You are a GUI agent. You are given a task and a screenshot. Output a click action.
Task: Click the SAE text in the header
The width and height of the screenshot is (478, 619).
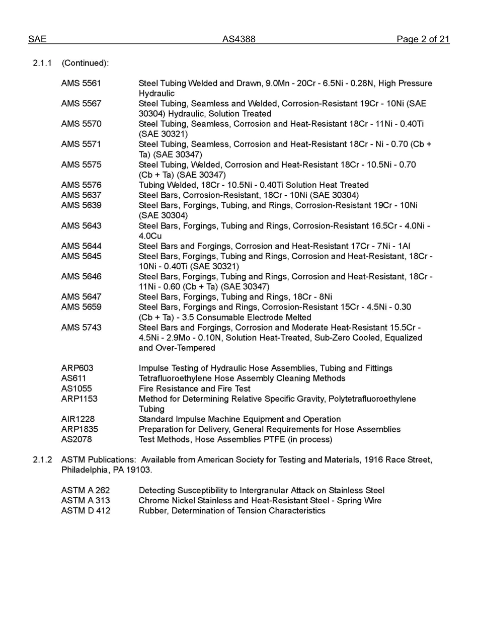(x=37, y=39)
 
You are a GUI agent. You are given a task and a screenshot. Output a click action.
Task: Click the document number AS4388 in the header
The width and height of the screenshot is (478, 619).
(x=238, y=39)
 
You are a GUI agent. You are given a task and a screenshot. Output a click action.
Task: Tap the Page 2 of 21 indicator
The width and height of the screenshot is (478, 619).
(x=423, y=39)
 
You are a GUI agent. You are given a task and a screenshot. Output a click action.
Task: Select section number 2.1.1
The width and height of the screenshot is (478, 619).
(x=42, y=63)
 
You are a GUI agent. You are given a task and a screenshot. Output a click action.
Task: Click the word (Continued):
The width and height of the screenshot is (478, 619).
(x=85, y=63)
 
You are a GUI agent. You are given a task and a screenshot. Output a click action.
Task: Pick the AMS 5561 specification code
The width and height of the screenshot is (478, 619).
(x=81, y=83)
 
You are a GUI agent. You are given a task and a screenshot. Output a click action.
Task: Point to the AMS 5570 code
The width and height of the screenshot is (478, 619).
(x=81, y=124)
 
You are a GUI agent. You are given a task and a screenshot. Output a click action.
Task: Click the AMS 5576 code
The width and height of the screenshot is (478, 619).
(x=81, y=185)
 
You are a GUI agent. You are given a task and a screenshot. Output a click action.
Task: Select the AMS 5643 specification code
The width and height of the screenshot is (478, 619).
(x=81, y=225)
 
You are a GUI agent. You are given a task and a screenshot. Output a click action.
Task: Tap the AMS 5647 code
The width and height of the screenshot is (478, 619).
(x=81, y=297)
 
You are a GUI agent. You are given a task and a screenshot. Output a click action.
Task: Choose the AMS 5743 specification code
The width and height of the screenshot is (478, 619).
(x=81, y=327)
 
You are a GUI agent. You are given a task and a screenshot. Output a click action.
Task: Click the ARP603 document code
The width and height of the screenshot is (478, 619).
(x=77, y=368)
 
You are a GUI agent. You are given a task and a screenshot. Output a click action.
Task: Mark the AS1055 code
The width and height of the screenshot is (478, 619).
(x=76, y=389)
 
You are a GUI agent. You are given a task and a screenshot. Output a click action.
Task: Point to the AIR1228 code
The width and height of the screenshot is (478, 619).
(x=77, y=419)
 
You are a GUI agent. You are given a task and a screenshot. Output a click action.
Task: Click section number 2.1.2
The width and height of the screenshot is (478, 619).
(x=42, y=459)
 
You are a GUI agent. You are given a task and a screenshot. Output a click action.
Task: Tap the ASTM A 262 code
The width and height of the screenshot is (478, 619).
(x=86, y=490)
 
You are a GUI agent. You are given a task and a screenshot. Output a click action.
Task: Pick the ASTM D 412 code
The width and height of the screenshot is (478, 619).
(x=86, y=510)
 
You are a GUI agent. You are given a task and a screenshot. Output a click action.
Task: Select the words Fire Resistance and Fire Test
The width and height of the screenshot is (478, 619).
(x=194, y=389)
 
